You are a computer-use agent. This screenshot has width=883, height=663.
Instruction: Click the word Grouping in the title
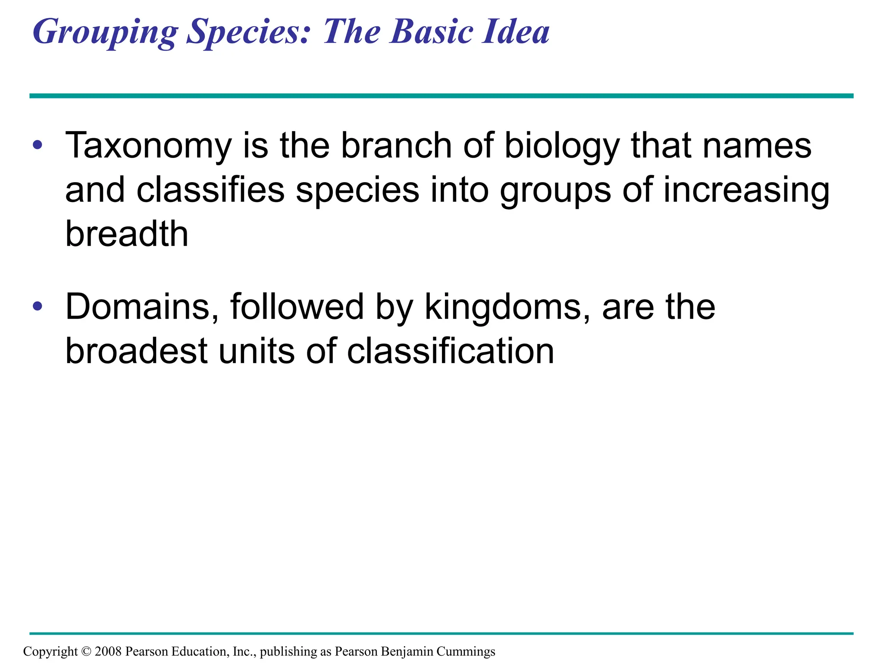click(105, 33)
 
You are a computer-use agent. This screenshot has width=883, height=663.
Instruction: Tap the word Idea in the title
click(516, 32)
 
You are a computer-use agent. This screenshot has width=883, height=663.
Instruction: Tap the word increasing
click(746, 191)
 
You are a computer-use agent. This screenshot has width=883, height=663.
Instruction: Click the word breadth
click(127, 234)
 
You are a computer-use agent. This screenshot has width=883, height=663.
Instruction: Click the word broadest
click(137, 351)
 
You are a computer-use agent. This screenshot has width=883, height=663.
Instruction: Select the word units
click(257, 351)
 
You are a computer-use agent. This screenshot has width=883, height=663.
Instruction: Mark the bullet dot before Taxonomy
click(38, 145)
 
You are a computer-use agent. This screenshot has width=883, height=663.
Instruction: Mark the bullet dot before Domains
click(38, 306)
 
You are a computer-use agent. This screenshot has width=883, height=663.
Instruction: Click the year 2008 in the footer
click(108, 651)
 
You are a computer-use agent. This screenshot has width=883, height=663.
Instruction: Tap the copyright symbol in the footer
click(86, 651)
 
